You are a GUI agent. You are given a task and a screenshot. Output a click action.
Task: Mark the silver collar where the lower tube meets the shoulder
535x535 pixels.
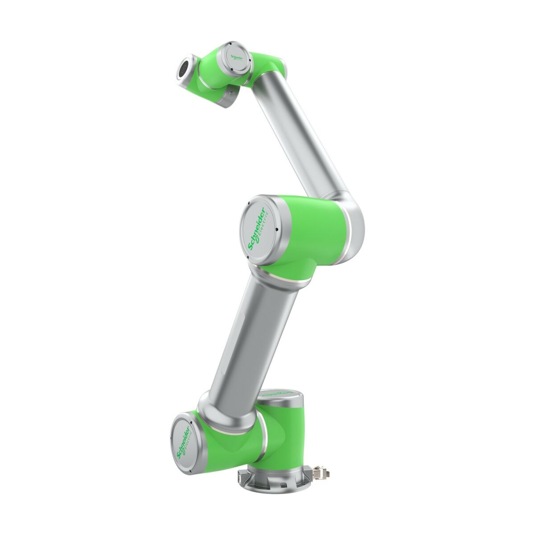point(210,406)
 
